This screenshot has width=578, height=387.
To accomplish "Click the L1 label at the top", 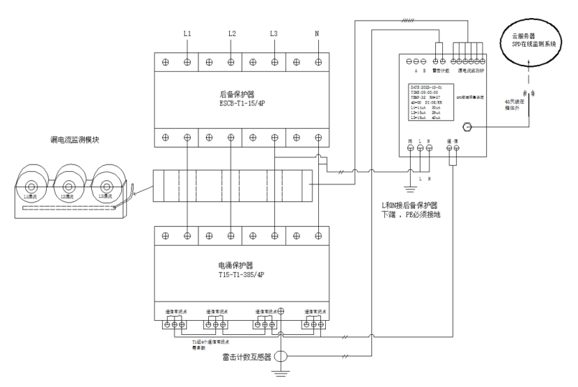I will [x=187, y=34].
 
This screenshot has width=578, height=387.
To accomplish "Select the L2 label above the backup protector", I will [x=232, y=34].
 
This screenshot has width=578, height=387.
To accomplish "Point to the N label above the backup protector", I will [x=318, y=34].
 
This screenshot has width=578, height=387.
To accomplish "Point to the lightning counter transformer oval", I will [x=281, y=358].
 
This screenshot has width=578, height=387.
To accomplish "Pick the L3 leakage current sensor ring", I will [x=106, y=187].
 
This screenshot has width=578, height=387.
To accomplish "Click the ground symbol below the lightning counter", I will [x=281, y=376].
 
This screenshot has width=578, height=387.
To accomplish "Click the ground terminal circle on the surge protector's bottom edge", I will [x=281, y=310].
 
